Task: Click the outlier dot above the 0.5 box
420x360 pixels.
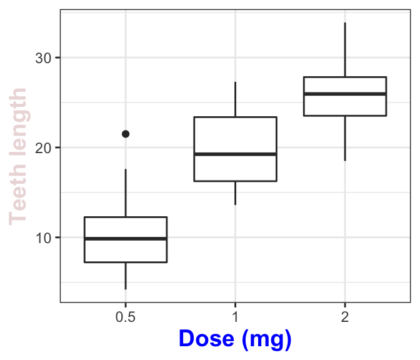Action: click(126, 134)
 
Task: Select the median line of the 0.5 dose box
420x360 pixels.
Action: click(126, 238)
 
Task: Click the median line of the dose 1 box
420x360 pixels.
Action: click(235, 154)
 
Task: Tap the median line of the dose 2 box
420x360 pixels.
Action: click(345, 94)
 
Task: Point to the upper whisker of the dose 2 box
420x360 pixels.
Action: click(345, 50)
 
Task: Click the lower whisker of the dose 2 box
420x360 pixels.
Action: click(345, 138)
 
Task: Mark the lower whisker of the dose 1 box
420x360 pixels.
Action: click(235, 192)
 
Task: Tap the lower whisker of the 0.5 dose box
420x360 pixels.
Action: click(126, 276)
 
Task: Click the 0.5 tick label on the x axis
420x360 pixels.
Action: click(126, 317)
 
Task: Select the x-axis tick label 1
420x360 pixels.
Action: click(235, 317)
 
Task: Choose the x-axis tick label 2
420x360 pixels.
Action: click(345, 317)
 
